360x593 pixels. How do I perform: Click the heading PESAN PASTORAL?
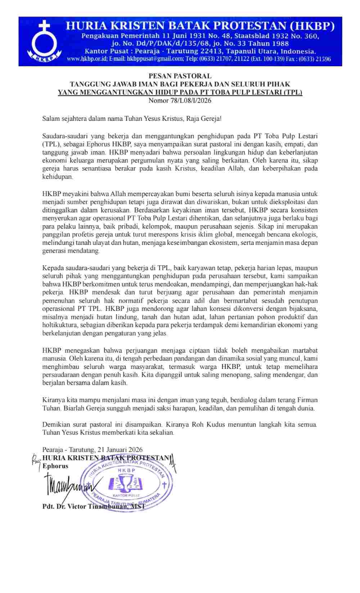[x=180, y=76]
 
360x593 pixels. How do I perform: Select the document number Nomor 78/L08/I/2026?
[x=180, y=101]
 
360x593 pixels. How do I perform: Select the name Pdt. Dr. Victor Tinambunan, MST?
[x=94, y=506]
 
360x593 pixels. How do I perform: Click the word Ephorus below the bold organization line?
[x=55, y=466]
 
